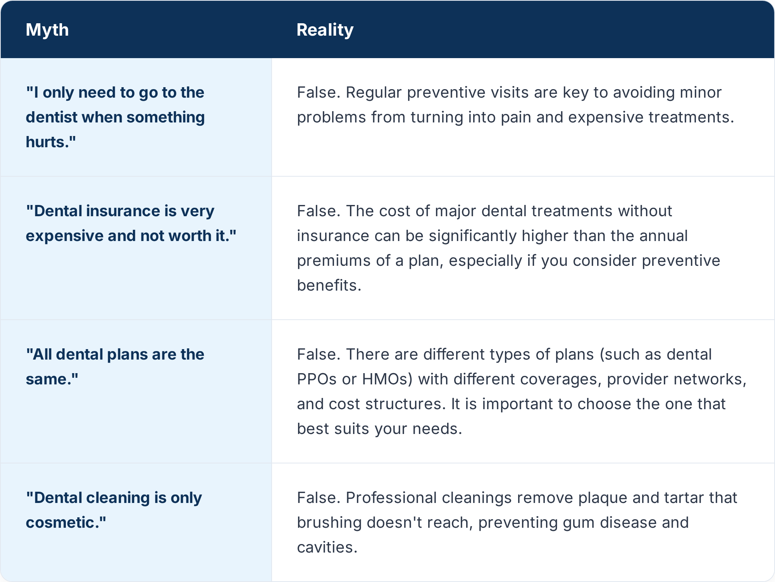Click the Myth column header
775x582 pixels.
[47, 30]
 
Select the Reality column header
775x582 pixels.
[325, 30]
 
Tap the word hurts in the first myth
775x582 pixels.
[48, 142]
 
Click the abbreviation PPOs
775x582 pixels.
[317, 379]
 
